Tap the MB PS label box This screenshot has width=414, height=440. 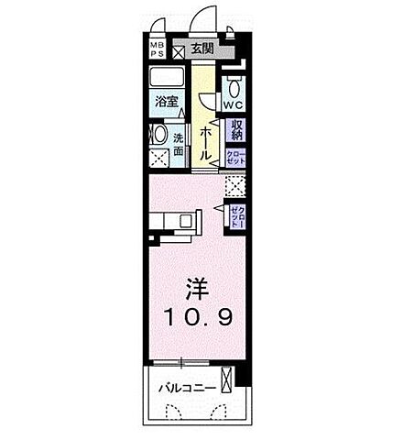(x=157, y=49)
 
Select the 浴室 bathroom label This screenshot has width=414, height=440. (x=166, y=102)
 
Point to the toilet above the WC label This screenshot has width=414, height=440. (x=234, y=88)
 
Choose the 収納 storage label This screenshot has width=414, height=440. (x=236, y=130)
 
